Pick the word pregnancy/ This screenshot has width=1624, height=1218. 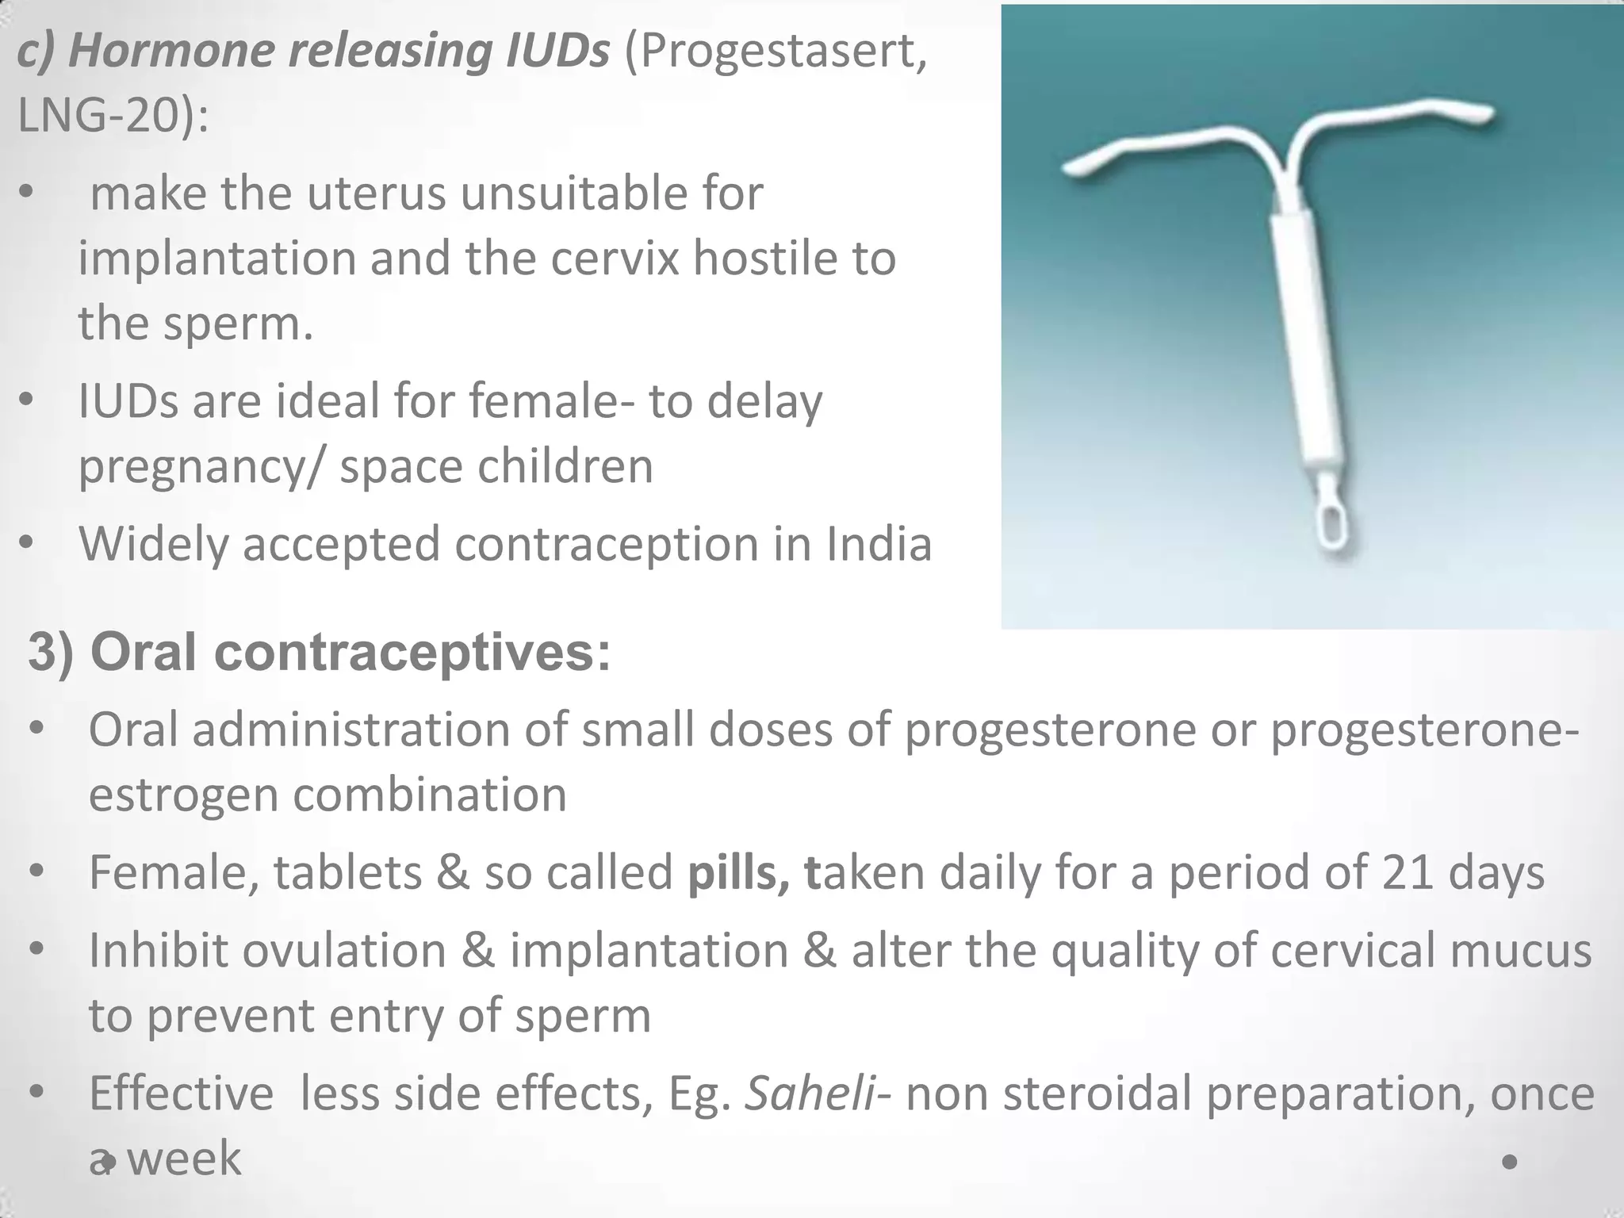(x=201, y=466)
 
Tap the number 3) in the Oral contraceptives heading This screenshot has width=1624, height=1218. (x=52, y=653)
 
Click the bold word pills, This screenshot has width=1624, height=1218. (x=738, y=873)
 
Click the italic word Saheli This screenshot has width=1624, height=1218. (x=810, y=1094)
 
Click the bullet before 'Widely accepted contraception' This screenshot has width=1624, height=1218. (x=27, y=544)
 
